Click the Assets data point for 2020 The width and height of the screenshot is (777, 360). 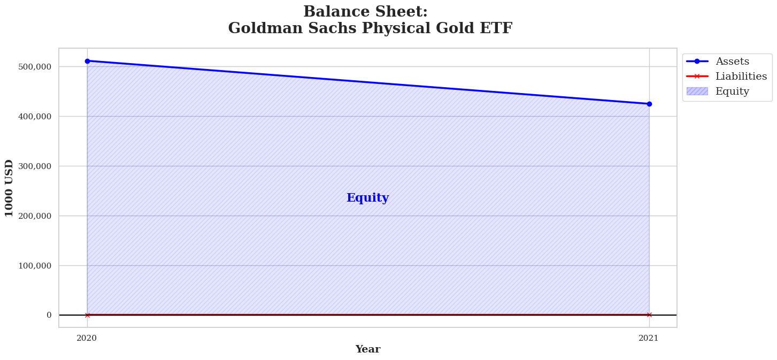pos(87,61)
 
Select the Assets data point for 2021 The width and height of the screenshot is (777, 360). pos(649,104)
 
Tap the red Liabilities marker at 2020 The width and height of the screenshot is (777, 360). pos(87,315)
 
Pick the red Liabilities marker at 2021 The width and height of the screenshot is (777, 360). pos(649,315)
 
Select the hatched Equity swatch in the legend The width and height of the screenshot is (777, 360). pos(697,91)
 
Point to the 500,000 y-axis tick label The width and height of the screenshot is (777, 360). pos(35,66)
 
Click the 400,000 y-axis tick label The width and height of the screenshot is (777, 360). pos(35,117)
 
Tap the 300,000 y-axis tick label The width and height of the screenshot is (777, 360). pos(35,166)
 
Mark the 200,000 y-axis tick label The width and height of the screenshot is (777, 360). pos(35,216)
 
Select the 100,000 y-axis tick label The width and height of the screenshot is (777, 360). pos(35,266)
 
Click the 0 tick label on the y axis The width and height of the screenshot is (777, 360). pos(49,315)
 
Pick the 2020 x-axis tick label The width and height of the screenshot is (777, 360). pos(87,338)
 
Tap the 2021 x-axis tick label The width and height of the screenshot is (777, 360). pos(648,338)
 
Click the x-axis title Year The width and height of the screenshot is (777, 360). pos(368,349)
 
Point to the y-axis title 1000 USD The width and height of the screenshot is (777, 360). pos(9,188)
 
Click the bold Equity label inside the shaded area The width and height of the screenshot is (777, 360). pos(368,198)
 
